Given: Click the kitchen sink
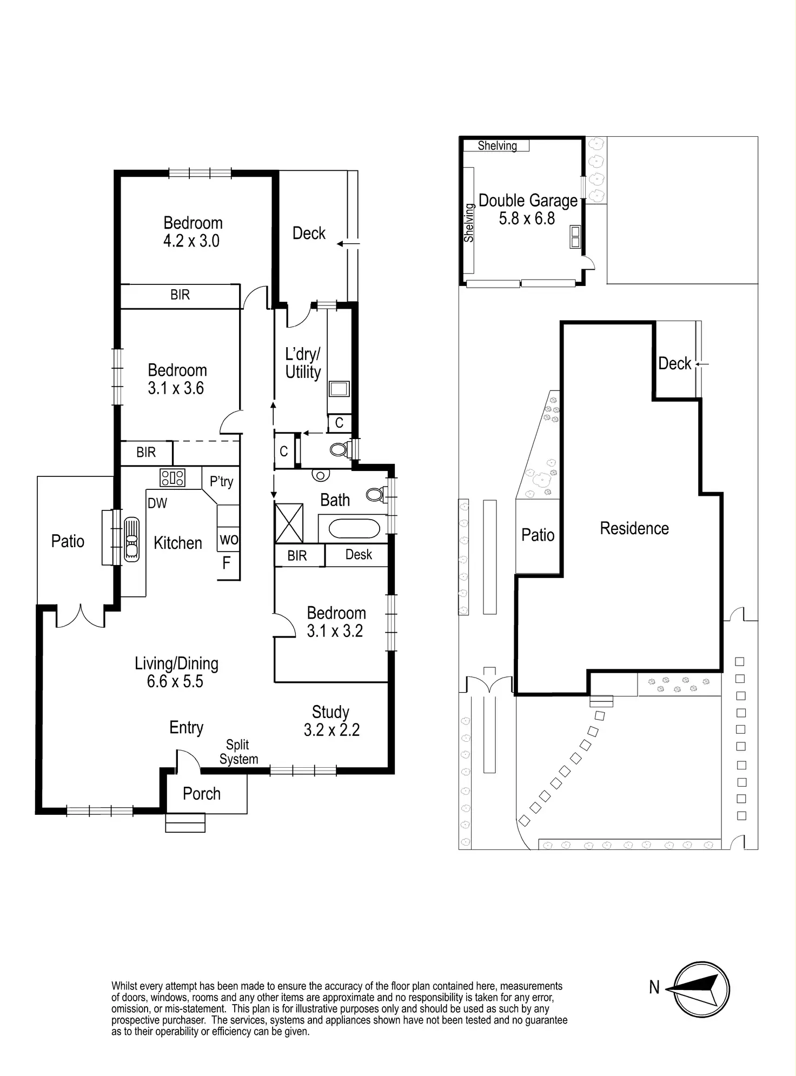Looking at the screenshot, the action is (132, 539).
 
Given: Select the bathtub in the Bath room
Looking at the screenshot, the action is (354, 528).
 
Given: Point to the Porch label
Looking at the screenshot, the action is (202, 794).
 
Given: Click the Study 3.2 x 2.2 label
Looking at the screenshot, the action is (331, 721).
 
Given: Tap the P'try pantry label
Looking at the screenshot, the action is (221, 481).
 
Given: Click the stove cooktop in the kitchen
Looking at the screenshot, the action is (173, 477).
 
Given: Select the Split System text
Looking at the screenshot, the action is (238, 752).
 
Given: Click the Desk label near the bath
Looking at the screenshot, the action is (359, 555).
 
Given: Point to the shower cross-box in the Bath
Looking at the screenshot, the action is (289, 522).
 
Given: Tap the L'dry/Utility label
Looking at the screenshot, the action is (303, 363).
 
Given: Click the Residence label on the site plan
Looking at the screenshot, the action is (634, 528).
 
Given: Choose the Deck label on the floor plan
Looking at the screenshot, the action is (309, 233).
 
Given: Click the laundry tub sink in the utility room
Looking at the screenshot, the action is (339, 389).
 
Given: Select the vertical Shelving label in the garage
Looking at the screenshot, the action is (469, 222).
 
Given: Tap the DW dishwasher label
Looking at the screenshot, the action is (157, 503).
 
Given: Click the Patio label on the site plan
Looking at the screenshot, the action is (538, 535).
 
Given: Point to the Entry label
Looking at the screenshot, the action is (186, 727).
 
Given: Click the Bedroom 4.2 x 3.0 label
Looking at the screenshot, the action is (193, 231).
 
